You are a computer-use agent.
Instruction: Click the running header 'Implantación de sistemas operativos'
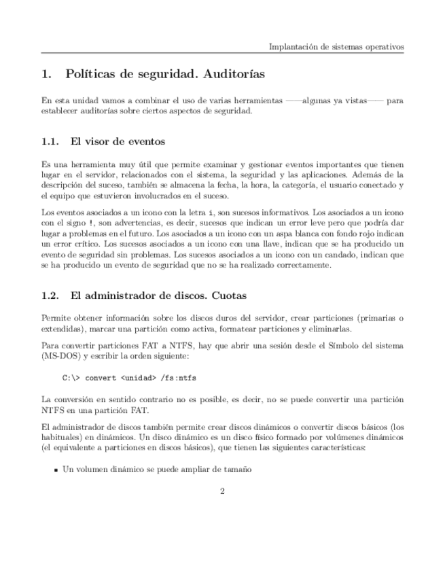click(x=336, y=47)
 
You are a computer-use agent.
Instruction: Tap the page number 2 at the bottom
click(x=222, y=491)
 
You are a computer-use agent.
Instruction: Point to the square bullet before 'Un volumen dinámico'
click(x=55, y=469)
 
